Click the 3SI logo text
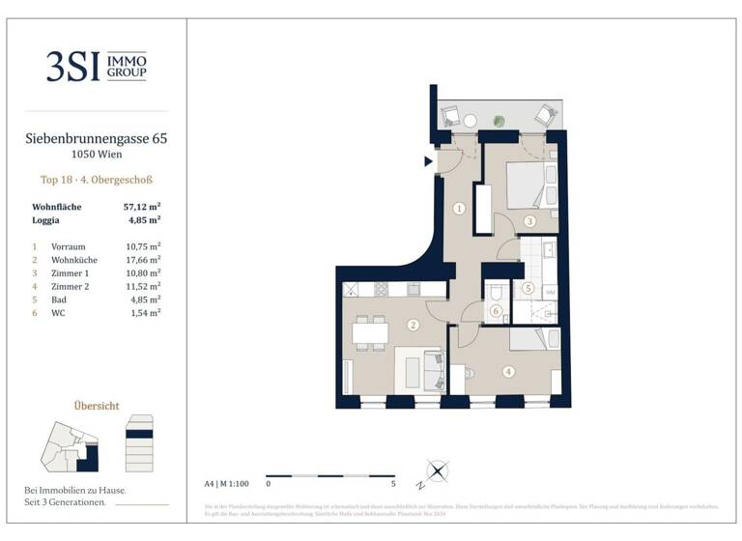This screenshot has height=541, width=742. (x=72, y=66)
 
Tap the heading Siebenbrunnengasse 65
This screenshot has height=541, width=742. (x=96, y=139)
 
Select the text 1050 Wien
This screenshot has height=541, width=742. (x=96, y=155)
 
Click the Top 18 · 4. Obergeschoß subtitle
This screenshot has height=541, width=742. (x=96, y=180)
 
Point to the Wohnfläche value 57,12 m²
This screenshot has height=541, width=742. (x=141, y=207)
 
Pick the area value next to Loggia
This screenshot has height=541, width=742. (x=144, y=219)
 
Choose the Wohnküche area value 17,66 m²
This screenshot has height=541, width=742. (x=142, y=260)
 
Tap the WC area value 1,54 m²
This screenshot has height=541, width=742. (x=144, y=314)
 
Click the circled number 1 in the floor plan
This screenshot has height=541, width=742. (x=460, y=208)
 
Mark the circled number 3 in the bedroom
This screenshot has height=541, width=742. (x=529, y=221)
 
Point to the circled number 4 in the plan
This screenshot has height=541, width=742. (x=508, y=368)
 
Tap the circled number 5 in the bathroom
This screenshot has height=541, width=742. (x=528, y=287)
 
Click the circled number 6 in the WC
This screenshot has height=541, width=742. (x=496, y=310)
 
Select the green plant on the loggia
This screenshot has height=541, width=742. (x=499, y=121)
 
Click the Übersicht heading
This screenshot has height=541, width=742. (x=96, y=406)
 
